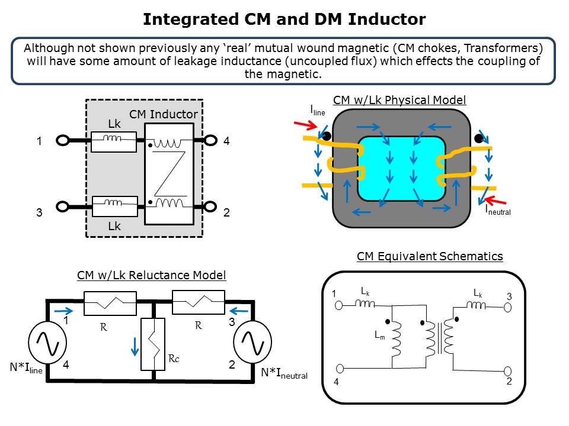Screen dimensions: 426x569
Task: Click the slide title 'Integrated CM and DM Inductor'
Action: (284, 20)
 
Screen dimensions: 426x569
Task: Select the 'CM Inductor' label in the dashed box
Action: (164, 114)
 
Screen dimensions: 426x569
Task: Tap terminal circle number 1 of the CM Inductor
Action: (62, 141)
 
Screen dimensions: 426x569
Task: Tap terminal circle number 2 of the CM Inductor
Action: (210, 206)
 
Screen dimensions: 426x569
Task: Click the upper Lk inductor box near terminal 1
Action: (114, 141)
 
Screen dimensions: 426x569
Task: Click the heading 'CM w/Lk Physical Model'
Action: (399, 99)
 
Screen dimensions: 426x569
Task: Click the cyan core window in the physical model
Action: (401, 169)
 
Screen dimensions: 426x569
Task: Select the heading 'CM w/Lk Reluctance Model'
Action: (152, 275)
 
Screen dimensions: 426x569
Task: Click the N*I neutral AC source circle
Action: (252, 341)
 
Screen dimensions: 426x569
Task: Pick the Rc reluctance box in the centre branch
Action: (154, 344)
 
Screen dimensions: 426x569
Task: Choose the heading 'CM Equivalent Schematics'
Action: (430, 256)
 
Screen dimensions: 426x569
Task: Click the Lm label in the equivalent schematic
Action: (380, 334)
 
